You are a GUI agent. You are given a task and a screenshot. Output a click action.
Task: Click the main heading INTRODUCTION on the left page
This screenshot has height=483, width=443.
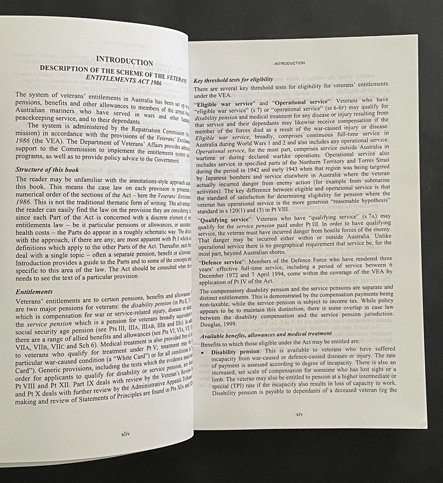(124, 61)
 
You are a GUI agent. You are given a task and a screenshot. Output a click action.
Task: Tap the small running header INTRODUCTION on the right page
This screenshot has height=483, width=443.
(289, 63)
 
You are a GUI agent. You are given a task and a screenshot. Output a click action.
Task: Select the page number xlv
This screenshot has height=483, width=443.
(299, 414)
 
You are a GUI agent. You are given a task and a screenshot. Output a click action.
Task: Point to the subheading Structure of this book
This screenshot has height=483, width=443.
(47, 169)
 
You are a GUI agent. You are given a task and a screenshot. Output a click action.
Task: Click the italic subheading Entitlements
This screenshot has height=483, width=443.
(34, 292)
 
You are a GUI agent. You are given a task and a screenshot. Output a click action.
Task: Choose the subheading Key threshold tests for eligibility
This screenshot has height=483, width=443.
(233, 81)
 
